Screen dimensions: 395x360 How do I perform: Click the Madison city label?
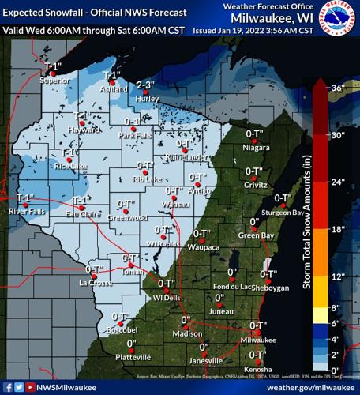pyautogui.click(x=187, y=334)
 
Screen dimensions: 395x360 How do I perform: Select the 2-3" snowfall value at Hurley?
pyautogui.click(x=144, y=85)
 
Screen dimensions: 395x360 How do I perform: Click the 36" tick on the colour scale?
pyautogui.click(x=338, y=88)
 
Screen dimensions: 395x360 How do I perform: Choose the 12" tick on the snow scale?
pyautogui.click(x=338, y=276)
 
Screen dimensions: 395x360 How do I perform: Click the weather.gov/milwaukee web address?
pyautogui.click(x=310, y=387)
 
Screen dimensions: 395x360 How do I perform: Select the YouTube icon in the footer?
pyautogui.click(x=30, y=387)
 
